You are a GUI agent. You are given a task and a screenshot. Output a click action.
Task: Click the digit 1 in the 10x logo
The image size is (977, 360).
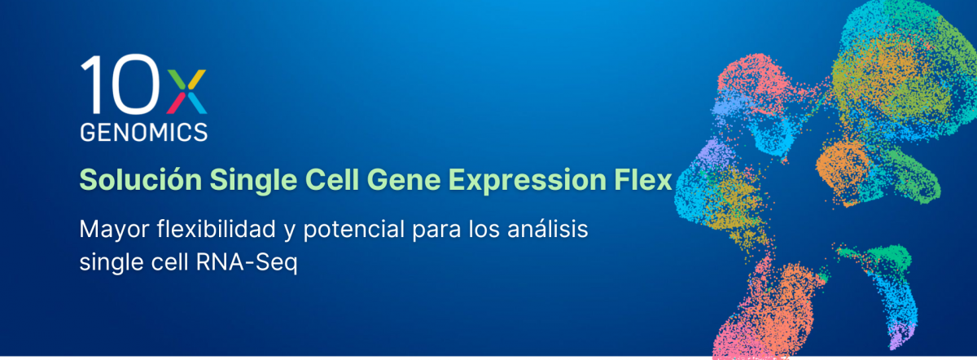click(91, 85)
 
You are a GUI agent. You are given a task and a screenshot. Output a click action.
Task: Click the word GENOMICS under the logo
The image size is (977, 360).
click(143, 131)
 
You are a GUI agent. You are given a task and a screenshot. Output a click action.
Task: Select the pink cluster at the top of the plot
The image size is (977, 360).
click(753, 77)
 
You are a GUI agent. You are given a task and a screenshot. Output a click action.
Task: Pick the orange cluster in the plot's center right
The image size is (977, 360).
click(847, 163)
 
